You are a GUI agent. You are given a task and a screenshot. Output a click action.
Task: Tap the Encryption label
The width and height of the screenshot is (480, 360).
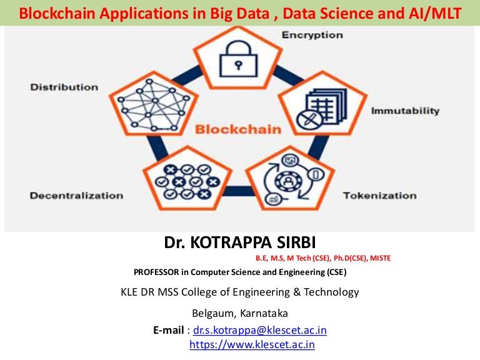(312, 34)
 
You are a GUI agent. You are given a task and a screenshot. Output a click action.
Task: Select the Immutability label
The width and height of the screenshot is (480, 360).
(406, 111)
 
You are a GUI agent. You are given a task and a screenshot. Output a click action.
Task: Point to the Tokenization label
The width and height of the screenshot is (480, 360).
(379, 196)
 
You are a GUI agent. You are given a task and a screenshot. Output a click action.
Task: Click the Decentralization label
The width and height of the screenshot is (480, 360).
(77, 196)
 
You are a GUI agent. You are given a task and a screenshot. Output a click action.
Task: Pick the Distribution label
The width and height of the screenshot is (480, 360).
(64, 87)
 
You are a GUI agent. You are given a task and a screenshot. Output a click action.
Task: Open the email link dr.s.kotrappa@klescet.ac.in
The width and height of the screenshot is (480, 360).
(260, 330)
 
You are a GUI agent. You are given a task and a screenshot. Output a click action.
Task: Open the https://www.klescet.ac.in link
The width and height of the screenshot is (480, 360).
(252, 344)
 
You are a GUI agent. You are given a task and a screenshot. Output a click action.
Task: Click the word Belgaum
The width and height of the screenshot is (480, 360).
(211, 313)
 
